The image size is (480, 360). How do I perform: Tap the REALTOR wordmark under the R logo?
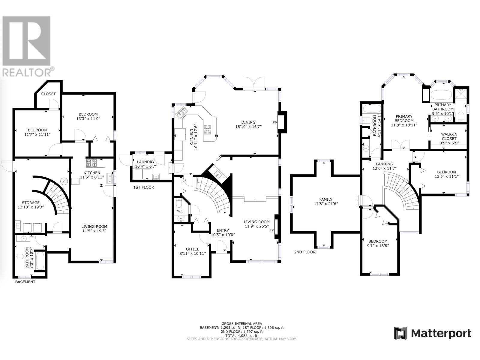pos(27,72)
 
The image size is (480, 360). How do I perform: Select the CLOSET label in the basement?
pos(48,94)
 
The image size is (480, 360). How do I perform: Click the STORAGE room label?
pos(31,202)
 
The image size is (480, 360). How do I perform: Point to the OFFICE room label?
pos(192,249)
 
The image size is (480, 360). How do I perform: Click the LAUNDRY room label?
pos(145,162)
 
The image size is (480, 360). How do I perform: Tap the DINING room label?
pos(248,122)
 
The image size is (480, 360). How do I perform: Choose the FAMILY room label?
pos(326,199)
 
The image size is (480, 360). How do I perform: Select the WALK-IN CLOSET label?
pos(449,136)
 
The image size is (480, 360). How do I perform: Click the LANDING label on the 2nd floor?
pos(384,164)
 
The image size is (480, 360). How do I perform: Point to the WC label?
pos(180,211)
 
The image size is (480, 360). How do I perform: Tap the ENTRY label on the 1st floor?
pos(223,230)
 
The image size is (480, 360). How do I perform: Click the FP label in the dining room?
pos(275,123)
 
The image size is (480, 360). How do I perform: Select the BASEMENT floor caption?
pos(25,282)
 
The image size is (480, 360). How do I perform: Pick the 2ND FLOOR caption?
pos(305,252)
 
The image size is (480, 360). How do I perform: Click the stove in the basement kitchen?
pos(91,163)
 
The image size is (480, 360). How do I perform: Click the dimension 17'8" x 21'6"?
pos(326,204)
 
